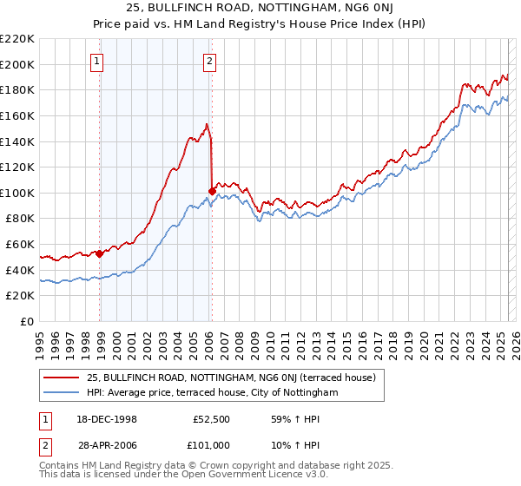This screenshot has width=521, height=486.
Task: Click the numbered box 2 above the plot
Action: [x=210, y=61]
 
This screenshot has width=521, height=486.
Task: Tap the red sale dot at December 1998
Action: [x=100, y=253]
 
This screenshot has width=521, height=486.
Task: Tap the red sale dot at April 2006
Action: [x=213, y=191]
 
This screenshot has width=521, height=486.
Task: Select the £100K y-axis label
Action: [x=18, y=193]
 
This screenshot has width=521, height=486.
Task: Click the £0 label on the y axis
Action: [x=27, y=321]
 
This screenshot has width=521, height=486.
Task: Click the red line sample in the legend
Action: [x=62, y=378]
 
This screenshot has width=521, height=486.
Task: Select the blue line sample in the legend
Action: [x=62, y=392]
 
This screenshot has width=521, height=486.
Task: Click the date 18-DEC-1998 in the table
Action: [x=109, y=417]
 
